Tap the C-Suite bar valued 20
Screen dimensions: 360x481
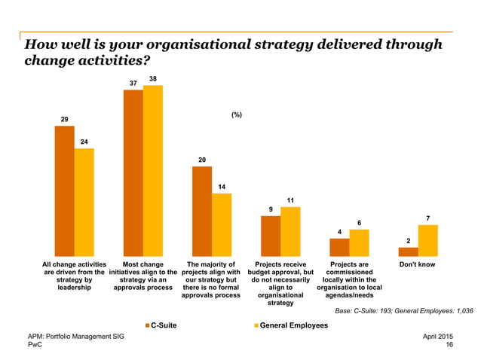[x=201, y=211]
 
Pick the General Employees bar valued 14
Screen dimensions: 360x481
[x=222, y=224]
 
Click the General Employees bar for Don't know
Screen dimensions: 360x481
[x=427, y=240]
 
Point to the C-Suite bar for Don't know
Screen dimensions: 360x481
[x=408, y=252]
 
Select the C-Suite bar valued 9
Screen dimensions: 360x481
[x=270, y=236]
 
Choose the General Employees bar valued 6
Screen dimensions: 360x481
[x=359, y=243]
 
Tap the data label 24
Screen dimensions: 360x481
[x=84, y=141]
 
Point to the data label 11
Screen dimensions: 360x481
[x=290, y=200]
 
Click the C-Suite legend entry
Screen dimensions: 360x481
[x=161, y=325]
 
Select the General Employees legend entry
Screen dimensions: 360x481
[x=290, y=325]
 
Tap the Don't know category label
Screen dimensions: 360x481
[x=417, y=265]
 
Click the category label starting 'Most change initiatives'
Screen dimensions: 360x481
[x=142, y=276]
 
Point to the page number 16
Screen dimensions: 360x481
[x=449, y=344]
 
